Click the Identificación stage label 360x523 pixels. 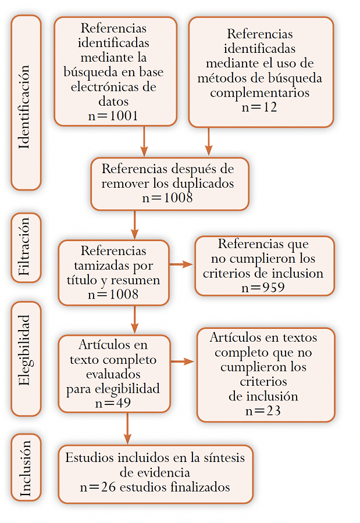pos(24,107)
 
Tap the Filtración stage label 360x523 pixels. pos(24,247)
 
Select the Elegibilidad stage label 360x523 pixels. pos(24,350)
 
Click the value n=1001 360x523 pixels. pos(113,116)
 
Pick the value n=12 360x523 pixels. pos(259,107)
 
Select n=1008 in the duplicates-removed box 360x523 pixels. pos(167,198)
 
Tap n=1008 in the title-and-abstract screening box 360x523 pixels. pos(113,294)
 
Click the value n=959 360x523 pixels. pos(263,288)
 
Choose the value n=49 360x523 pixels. pos(113,403)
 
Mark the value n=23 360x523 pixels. pos(263,411)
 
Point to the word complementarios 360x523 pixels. pos(260,93)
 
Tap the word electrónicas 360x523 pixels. pos(105,87)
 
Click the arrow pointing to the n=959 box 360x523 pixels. pos(181,264)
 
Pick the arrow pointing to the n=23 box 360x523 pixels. pos(183,361)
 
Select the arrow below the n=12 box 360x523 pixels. pos(209,141)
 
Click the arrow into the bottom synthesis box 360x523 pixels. pos(127,428)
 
